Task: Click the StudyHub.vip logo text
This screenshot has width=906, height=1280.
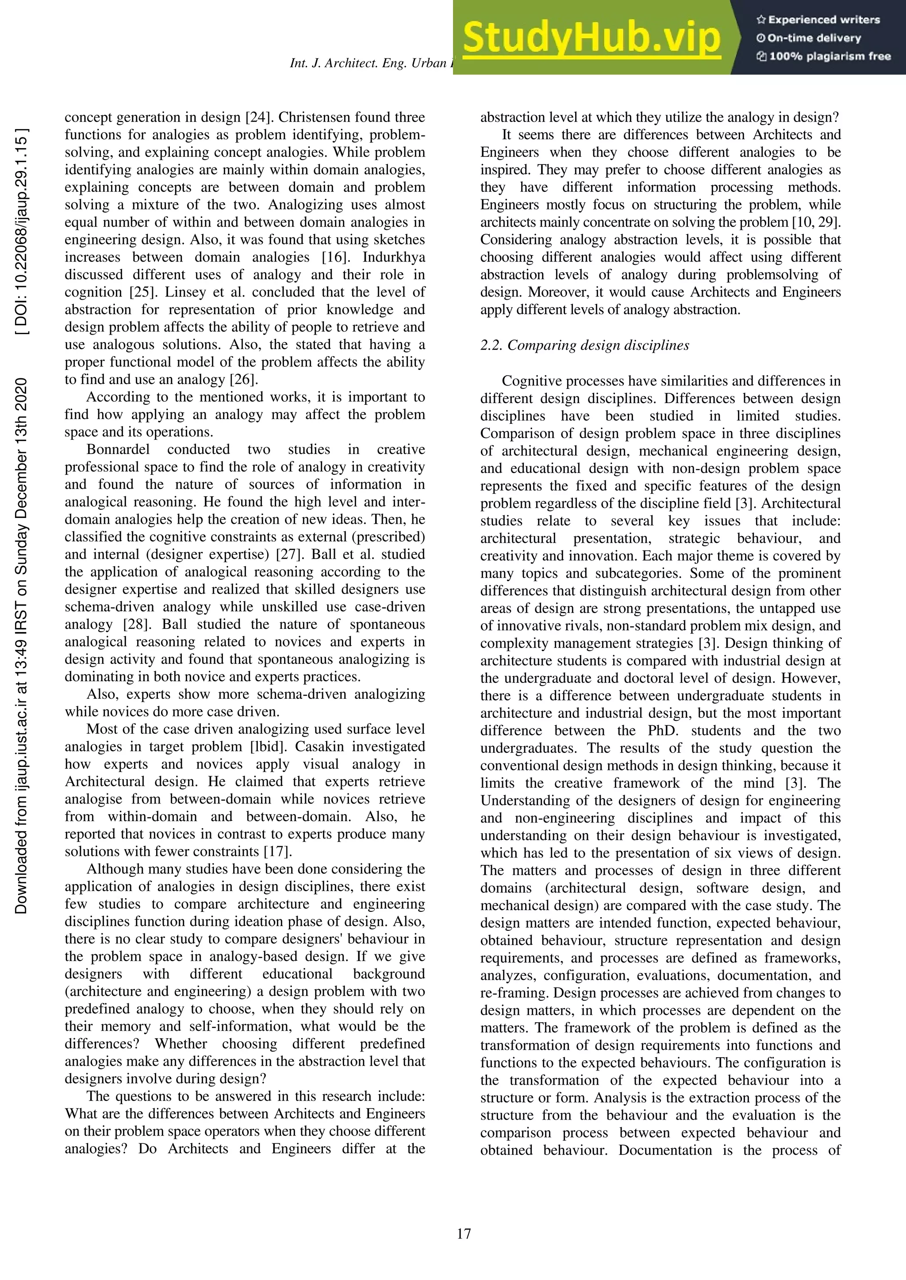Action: click(591, 38)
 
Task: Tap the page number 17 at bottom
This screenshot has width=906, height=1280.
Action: click(464, 1234)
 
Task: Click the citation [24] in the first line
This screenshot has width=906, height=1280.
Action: click(258, 117)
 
